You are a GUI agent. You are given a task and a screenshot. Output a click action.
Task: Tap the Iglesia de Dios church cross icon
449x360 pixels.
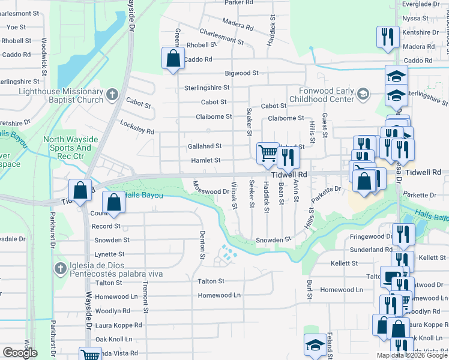coord(60,269)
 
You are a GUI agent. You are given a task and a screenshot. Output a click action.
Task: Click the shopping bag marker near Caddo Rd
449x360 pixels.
coord(173,59)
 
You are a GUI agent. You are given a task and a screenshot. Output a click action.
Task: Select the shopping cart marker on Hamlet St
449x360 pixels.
coord(267,153)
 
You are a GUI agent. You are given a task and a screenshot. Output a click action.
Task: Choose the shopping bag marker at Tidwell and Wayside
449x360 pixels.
coord(80,190)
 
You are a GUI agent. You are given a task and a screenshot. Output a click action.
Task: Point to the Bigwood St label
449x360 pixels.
coord(241,73)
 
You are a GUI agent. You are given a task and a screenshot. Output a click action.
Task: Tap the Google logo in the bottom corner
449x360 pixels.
coord(20,353)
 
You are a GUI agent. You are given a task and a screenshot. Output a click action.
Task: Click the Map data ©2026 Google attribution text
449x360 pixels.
coord(411,355)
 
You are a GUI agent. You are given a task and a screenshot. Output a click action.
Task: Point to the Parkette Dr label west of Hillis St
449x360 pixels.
coord(326,189)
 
